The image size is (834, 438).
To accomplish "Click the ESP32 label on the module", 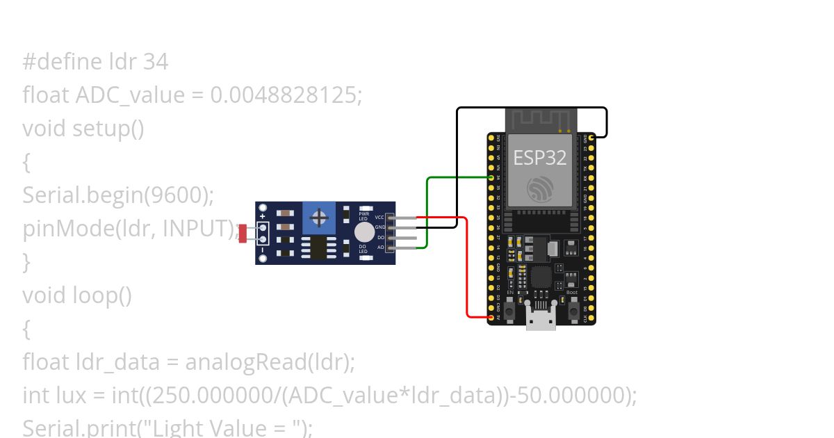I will click(x=540, y=158).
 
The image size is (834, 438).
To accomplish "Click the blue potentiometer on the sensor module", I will click(x=319, y=218).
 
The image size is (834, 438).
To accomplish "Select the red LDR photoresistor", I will click(x=243, y=233).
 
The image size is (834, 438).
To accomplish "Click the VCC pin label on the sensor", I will click(x=379, y=218).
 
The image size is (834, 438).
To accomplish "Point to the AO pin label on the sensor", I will click(x=380, y=247).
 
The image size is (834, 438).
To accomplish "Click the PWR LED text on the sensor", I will click(x=363, y=216).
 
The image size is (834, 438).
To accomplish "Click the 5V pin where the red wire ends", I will click(x=491, y=317).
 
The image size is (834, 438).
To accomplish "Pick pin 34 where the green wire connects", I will click(x=491, y=178).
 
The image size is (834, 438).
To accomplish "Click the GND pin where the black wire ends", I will click(x=591, y=138).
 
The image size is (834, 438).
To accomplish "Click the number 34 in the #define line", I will click(x=156, y=62).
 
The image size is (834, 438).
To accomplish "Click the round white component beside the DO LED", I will click(x=363, y=232).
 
